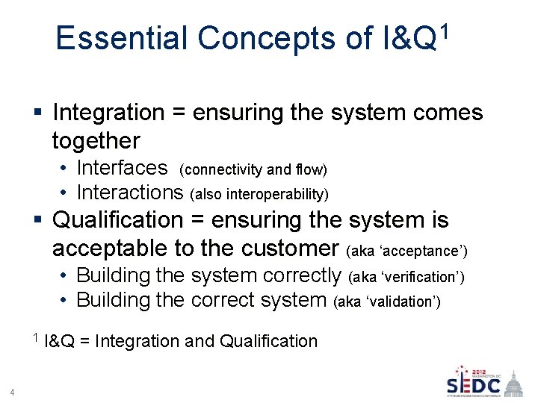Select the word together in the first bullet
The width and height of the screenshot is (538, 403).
(x=96, y=140)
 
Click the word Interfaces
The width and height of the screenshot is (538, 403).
(x=122, y=167)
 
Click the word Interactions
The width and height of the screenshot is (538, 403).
(x=130, y=193)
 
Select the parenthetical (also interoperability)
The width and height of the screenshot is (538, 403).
(x=259, y=194)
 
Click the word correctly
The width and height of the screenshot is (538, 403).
(x=303, y=275)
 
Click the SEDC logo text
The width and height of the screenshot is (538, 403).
(x=473, y=386)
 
